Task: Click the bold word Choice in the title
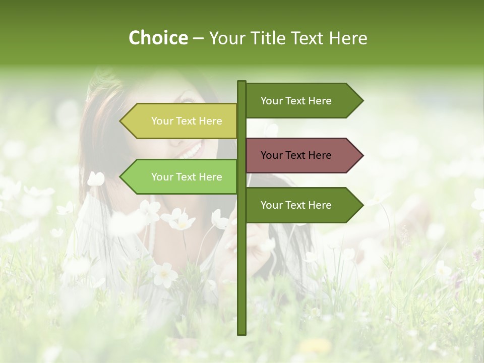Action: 158,38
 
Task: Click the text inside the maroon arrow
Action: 296,155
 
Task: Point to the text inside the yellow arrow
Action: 187,121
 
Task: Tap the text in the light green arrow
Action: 187,177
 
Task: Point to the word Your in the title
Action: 227,38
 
